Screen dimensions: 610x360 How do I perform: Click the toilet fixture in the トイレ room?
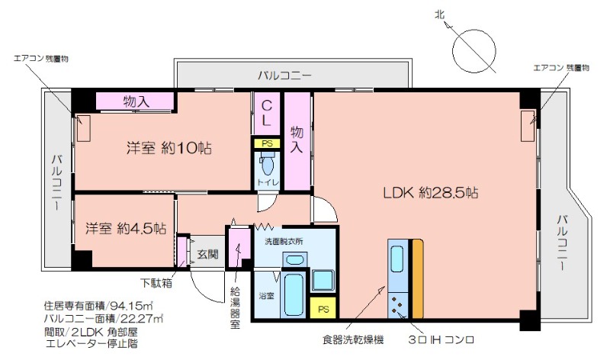click(268, 162)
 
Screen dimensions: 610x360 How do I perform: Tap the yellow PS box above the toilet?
click(267, 143)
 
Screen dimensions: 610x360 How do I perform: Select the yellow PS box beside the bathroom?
click(323, 309)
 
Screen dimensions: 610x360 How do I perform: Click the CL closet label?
click(266, 113)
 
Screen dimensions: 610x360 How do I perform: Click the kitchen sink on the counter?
click(396, 259)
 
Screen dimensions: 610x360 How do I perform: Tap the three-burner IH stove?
click(397, 305)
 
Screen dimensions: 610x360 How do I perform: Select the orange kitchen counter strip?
click(417, 278)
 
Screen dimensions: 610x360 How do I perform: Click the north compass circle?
click(474, 50)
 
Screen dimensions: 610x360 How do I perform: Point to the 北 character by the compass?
click(440, 14)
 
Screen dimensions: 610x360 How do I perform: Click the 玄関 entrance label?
click(207, 254)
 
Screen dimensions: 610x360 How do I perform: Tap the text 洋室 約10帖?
click(169, 148)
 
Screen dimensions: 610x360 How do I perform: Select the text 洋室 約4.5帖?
click(126, 228)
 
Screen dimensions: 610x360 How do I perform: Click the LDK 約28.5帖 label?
click(431, 193)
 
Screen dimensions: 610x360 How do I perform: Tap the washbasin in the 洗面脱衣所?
click(294, 259)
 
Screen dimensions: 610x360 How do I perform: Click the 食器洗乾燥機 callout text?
click(353, 339)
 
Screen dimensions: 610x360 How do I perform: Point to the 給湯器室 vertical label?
click(235, 307)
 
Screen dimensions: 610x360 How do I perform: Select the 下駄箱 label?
click(156, 282)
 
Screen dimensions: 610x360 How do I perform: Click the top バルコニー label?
click(284, 75)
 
